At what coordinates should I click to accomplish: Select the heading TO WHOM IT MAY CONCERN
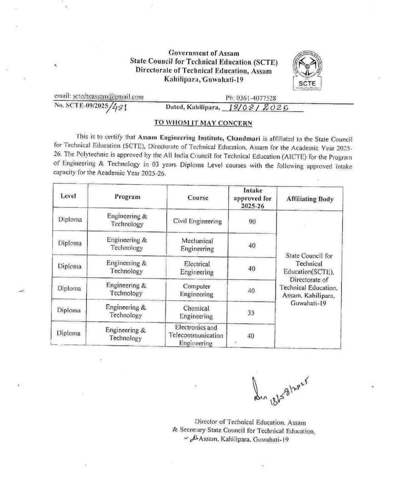(x=203, y=123)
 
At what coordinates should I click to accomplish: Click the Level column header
(x=68, y=196)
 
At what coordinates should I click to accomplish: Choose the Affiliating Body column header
(x=310, y=199)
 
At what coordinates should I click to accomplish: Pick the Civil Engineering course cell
(x=197, y=221)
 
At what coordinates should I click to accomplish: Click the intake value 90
(x=252, y=221)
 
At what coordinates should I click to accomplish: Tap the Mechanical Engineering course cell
(x=197, y=245)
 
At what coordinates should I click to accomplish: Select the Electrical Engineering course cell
(x=197, y=268)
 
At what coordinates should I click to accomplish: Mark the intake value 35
(x=252, y=313)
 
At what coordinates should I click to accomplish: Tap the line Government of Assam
(x=203, y=54)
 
